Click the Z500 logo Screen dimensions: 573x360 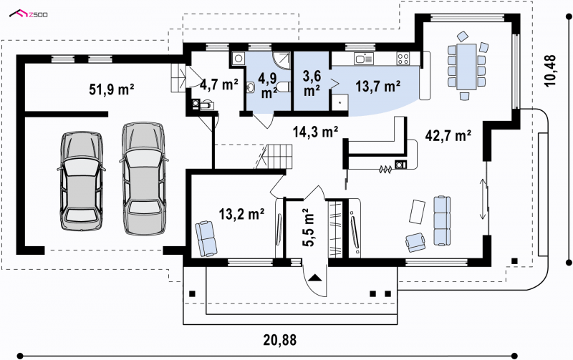29,14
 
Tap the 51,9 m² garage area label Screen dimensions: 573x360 112,89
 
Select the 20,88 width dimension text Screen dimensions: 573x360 280,340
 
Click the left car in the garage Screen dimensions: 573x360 81,181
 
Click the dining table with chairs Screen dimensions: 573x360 467,66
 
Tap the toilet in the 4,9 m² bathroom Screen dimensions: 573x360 282,87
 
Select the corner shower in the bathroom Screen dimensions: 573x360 281,60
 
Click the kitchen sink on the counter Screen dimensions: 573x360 363,59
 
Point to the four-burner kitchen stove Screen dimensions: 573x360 403,59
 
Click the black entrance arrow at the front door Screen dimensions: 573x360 314,278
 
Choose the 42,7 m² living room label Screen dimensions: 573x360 448,136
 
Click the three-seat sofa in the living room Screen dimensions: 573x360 442,220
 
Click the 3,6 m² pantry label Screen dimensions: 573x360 312,83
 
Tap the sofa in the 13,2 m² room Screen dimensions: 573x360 206,238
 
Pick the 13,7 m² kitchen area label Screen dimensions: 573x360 378,86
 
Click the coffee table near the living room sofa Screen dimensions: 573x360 417,211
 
